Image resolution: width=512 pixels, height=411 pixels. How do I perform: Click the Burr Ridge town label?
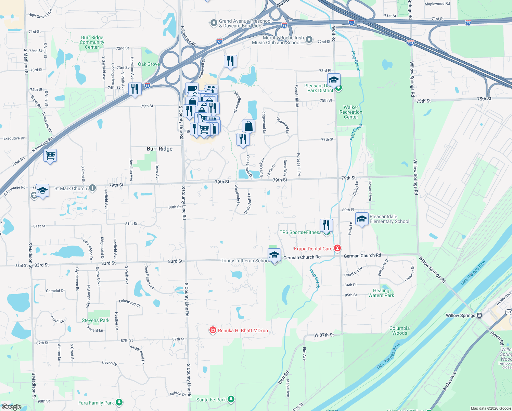coord(159,149)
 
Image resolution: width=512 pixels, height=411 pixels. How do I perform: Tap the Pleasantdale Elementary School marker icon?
coord(361,219)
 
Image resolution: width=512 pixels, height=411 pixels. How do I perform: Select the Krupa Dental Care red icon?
coord(337,248)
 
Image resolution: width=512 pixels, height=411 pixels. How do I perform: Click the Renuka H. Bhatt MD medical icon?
coord(213,330)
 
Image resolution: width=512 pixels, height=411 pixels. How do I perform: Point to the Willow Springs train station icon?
coord(479,315)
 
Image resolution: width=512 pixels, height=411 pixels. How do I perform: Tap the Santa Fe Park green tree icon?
coord(231,399)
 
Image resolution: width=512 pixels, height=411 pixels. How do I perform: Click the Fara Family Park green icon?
coord(119,402)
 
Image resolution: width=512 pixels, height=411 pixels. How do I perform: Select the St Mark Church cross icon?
coord(92,188)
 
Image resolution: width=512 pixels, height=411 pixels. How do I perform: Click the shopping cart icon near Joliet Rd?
coord(50,155)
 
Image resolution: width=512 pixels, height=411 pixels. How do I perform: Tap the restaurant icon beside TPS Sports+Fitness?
coord(326,225)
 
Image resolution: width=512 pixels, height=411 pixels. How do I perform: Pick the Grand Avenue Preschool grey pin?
coord(214,23)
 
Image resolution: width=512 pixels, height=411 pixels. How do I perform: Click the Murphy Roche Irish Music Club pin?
coord(309,40)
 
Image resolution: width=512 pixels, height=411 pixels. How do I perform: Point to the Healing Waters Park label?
coord(381,293)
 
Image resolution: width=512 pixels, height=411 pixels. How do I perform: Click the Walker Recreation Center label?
coord(351,112)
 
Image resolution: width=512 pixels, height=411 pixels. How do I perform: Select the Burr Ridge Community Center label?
coord(92,42)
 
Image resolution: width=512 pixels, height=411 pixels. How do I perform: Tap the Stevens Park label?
coord(95,320)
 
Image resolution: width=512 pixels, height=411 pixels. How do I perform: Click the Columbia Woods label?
coord(399,331)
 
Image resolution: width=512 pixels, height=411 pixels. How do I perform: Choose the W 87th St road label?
coord(324,335)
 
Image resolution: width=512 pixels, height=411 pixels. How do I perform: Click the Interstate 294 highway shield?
coord(410,43)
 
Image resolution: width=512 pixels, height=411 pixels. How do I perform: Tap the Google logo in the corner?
coord(11,407)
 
